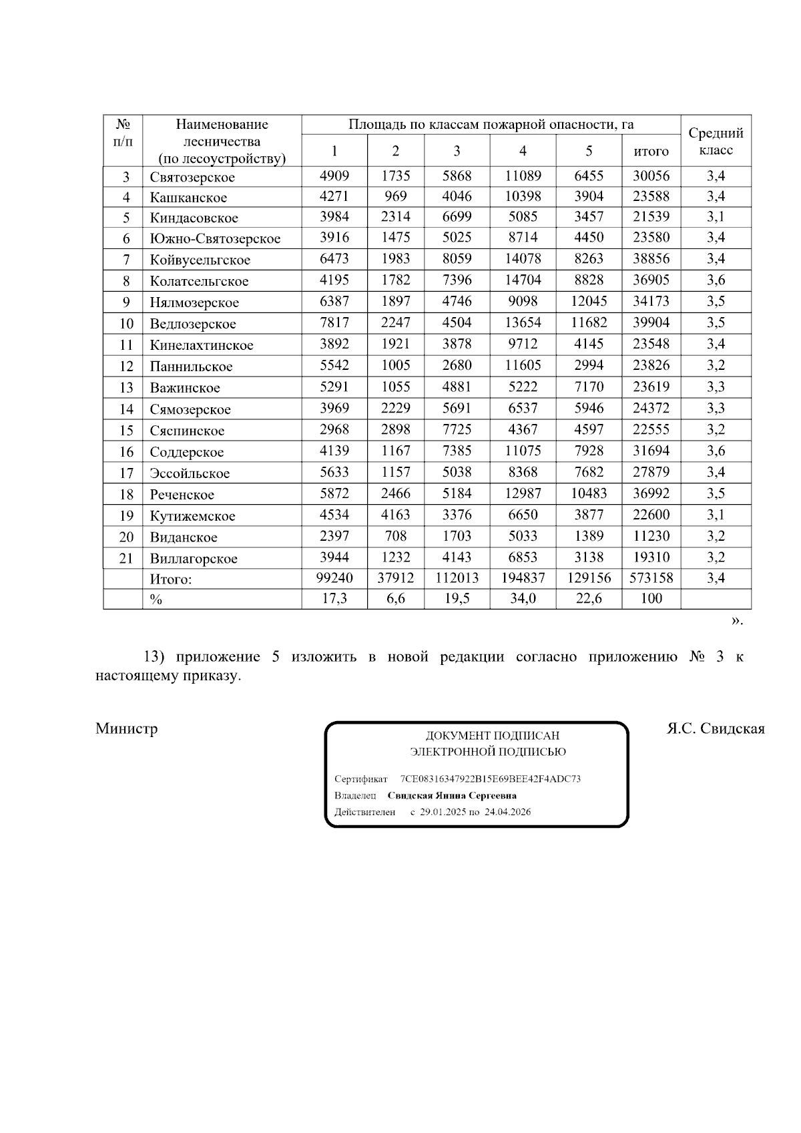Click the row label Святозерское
click(192, 178)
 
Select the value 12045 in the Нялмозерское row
click(589, 301)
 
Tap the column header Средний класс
click(716, 142)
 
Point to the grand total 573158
click(651, 578)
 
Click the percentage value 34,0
click(523, 599)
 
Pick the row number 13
click(126, 388)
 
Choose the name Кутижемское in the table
click(192, 516)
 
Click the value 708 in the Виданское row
click(395, 536)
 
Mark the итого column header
click(651, 152)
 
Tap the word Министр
click(127, 728)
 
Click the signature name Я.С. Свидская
click(716, 728)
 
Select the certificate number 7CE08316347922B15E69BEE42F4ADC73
click(490, 779)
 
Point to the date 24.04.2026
click(507, 813)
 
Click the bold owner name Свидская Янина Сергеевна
click(452, 796)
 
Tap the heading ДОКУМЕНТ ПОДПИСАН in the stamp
click(493, 736)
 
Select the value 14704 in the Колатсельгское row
click(523, 280)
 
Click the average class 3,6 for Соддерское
click(716, 451)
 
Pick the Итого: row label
click(171, 580)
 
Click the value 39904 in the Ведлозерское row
click(651, 322)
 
